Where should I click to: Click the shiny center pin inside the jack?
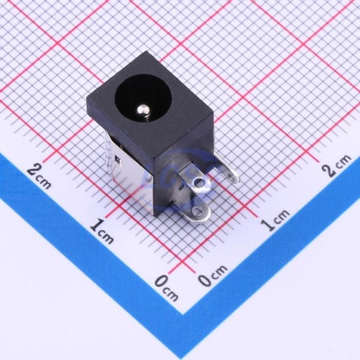143,111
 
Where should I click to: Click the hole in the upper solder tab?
198,183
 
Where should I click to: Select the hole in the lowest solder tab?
198,211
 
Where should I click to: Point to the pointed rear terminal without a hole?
226,170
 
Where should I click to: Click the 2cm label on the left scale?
39,176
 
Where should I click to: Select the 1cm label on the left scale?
101,232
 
